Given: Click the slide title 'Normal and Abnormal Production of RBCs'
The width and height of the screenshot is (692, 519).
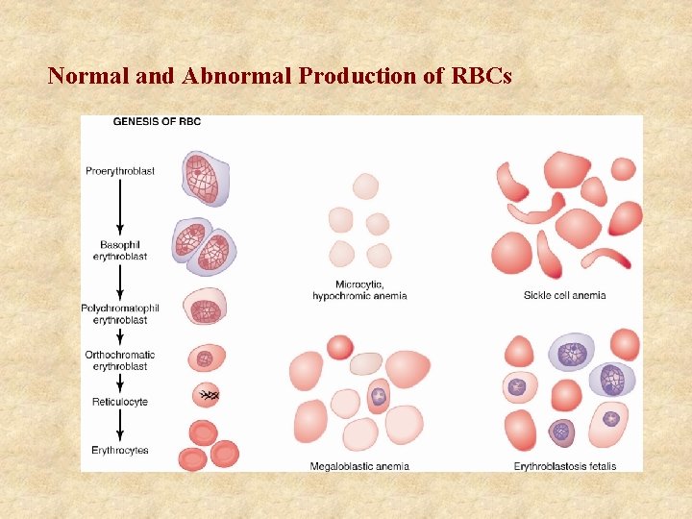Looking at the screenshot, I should click(x=280, y=75).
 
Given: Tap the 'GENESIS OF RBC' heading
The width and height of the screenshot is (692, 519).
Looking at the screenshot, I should click(x=157, y=121).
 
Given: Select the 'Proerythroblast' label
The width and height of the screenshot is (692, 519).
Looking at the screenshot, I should click(x=120, y=171).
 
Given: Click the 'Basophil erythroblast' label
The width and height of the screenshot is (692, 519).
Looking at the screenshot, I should click(x=120, y=250).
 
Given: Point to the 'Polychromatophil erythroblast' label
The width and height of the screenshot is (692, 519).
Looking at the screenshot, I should click(x=120, y=313).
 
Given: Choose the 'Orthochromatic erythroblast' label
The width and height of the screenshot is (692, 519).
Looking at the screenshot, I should click(x=120, y=360).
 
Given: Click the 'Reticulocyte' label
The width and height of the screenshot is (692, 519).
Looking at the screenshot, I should click(x=120, y=402).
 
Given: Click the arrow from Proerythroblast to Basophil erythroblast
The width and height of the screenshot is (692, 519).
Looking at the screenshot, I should click(x=120, y=208).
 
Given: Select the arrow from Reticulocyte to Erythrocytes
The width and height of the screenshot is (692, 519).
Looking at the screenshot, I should click(x=120, y=426).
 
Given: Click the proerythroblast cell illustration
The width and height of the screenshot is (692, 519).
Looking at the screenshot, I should click(x=202, y=178).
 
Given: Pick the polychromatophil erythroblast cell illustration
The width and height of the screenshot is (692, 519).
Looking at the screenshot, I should click(x=204, y=308).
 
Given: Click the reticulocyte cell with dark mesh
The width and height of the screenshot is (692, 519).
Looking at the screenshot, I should click(x=207, y=395).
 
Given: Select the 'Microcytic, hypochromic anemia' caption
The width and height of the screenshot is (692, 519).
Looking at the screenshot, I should click(x=359, y=290).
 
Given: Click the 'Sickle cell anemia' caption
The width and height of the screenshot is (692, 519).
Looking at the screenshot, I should click(x=564, y=295).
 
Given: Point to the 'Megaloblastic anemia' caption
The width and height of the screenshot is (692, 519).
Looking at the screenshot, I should click(x=359, y=466).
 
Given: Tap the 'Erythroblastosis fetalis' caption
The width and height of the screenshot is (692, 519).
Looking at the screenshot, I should click(x=564, y=466).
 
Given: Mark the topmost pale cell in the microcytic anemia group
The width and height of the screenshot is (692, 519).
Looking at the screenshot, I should click(x=365, y=185).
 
